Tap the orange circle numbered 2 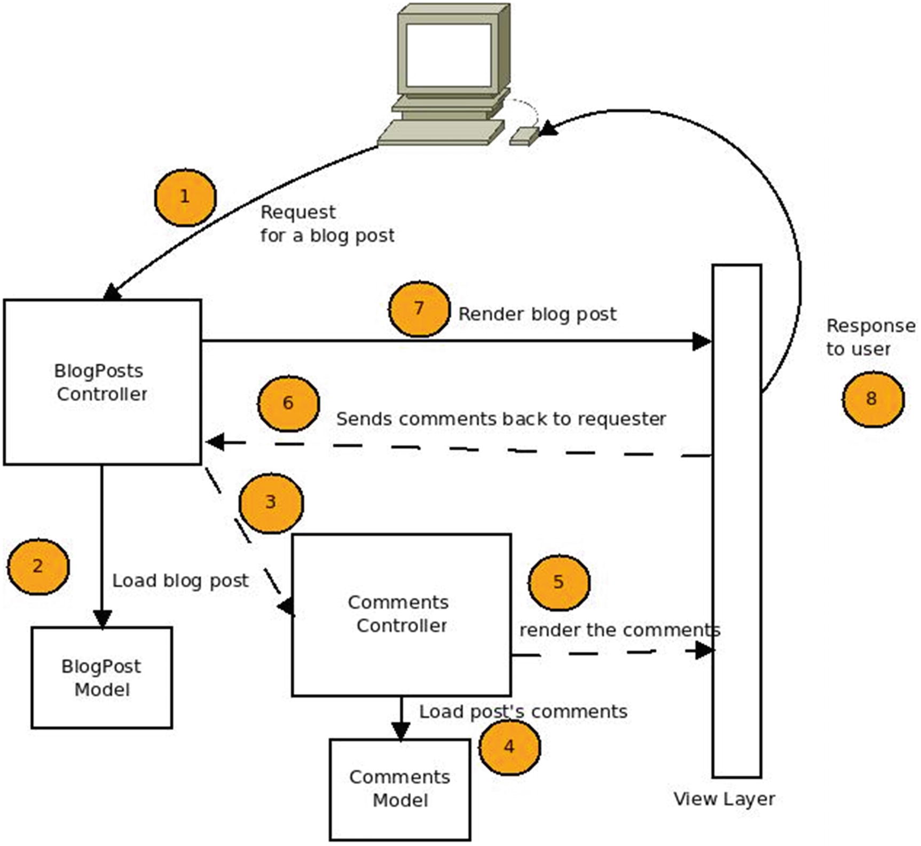pos(38,566)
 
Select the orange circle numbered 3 pos(271,503)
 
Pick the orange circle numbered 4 pos(509,747)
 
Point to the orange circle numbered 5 pos(558,582)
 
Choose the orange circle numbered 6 pos(288,403)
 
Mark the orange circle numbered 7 pos(419,309)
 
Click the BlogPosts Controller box pos(102,382)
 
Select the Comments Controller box pos(401,614)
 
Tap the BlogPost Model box pos(101,677)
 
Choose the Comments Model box pos(400,788)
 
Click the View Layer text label pos(723,799)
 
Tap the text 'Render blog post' pos(537,314)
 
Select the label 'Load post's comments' pos(523,712)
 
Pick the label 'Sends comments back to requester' pos(501,419)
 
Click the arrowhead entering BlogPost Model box pos(102,618)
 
